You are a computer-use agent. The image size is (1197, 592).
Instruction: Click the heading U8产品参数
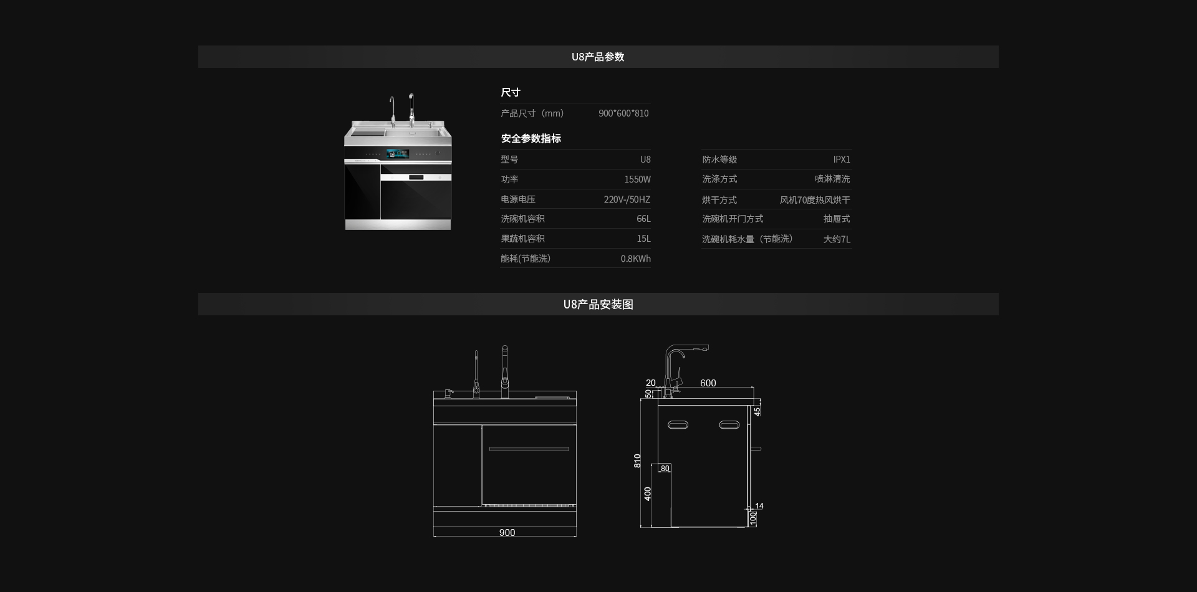point(598,57)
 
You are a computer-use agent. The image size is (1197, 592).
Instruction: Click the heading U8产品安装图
point(598,304)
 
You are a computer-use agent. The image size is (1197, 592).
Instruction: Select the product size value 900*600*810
point(623,113)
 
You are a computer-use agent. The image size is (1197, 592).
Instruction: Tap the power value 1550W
point(637,179)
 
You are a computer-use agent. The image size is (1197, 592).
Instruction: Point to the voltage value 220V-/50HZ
point(627,199)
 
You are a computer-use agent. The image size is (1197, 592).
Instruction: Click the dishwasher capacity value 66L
point(643,219)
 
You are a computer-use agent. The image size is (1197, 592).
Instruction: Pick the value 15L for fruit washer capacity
point(643,239)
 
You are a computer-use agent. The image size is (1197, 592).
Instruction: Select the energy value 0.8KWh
point(635,259)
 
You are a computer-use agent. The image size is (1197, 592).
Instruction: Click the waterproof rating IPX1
point(842,160)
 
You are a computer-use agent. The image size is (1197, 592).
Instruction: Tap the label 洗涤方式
point(719,179)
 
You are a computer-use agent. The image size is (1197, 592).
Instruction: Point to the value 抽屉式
point(837,219)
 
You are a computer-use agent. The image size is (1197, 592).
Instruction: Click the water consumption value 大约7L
point(837,239)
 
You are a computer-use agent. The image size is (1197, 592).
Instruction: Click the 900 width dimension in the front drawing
point(507,533)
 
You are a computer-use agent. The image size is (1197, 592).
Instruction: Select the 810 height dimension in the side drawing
point(637,461)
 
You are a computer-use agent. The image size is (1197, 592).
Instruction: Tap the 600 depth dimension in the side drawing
point(708,383)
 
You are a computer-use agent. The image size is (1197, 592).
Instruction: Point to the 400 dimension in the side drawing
point(648,494)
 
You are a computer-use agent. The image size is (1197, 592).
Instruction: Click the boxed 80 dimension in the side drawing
point(665,469)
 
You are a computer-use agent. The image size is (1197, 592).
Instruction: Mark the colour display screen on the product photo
point(397,153)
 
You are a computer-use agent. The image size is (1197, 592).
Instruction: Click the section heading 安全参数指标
point(531,138)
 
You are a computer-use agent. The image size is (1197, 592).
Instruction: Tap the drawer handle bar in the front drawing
point(529,449)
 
